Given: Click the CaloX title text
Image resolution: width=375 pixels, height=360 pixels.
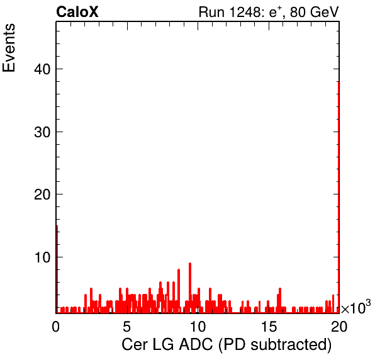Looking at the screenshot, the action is [77, 12].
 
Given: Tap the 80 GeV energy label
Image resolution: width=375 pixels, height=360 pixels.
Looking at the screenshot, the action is [315, 12].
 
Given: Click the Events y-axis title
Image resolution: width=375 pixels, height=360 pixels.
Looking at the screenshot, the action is [9, 48].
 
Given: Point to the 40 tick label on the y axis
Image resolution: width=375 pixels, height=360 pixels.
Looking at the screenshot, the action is [42, 69].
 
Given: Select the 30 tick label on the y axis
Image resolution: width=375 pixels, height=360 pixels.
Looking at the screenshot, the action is [42, 132].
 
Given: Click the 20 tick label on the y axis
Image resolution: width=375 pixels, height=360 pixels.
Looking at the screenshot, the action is [42, 194].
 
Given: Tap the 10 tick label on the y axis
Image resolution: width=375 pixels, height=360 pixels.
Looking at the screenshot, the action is [42, 257].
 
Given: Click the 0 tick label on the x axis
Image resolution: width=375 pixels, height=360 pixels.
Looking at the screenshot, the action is [56, 326].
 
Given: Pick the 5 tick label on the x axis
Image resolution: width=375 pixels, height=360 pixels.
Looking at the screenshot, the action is [126, 326].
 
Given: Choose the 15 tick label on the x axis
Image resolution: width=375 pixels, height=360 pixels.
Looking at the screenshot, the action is [269, 326].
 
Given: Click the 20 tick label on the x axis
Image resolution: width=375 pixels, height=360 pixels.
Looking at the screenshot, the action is [339, 326].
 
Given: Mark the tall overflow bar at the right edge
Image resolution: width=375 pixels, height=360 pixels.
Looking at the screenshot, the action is [339, 197].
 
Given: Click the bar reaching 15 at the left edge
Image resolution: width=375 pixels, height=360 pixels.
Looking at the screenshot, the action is [57, 269].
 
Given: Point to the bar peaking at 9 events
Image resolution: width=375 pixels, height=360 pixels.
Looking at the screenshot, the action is [190, 288].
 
